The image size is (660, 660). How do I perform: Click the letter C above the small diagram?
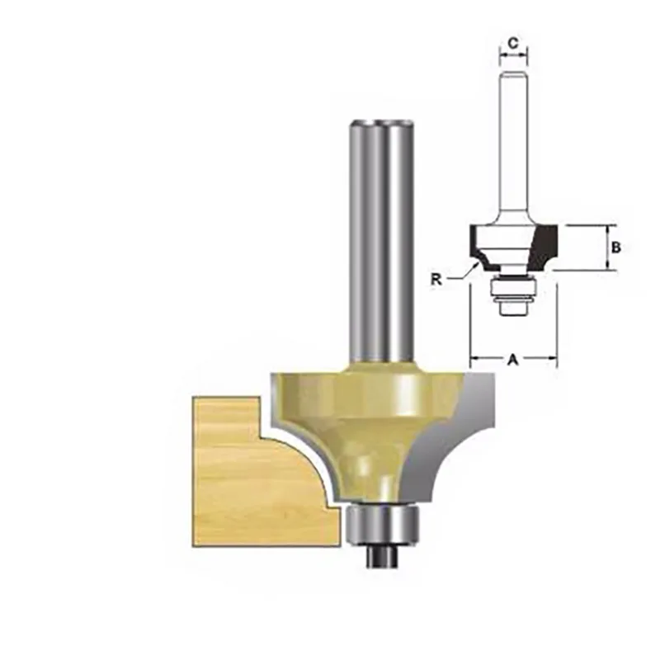pos(513,42)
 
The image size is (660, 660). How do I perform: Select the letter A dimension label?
pos(513,359)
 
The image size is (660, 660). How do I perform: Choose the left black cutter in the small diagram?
pos(476,240)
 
